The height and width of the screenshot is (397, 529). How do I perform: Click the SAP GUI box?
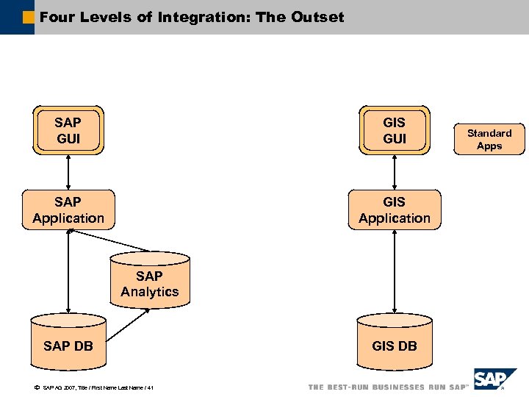68,130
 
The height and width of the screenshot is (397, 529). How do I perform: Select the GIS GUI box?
395,130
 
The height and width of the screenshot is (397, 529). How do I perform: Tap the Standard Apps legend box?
489,139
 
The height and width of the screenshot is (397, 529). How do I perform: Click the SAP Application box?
68,210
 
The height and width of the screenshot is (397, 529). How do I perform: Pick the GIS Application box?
395,210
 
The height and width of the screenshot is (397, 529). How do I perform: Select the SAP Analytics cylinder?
149,282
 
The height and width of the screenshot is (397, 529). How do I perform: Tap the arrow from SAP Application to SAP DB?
68,272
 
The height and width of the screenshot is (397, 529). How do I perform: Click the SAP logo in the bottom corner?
494,380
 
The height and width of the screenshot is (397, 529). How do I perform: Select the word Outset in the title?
317,16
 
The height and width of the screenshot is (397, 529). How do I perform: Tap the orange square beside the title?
28,16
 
